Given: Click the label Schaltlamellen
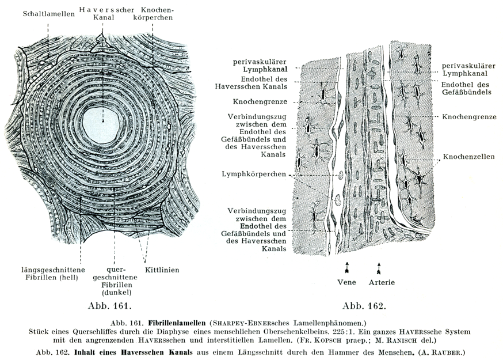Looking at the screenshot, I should pos(49,14).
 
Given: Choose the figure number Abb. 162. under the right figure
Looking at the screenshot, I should pos(364,305).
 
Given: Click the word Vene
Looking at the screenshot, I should pos(346,282).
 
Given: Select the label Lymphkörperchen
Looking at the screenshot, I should pos(254,173).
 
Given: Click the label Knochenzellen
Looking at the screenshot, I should pos(469,156).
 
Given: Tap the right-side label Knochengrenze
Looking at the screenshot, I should pos(469,116).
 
